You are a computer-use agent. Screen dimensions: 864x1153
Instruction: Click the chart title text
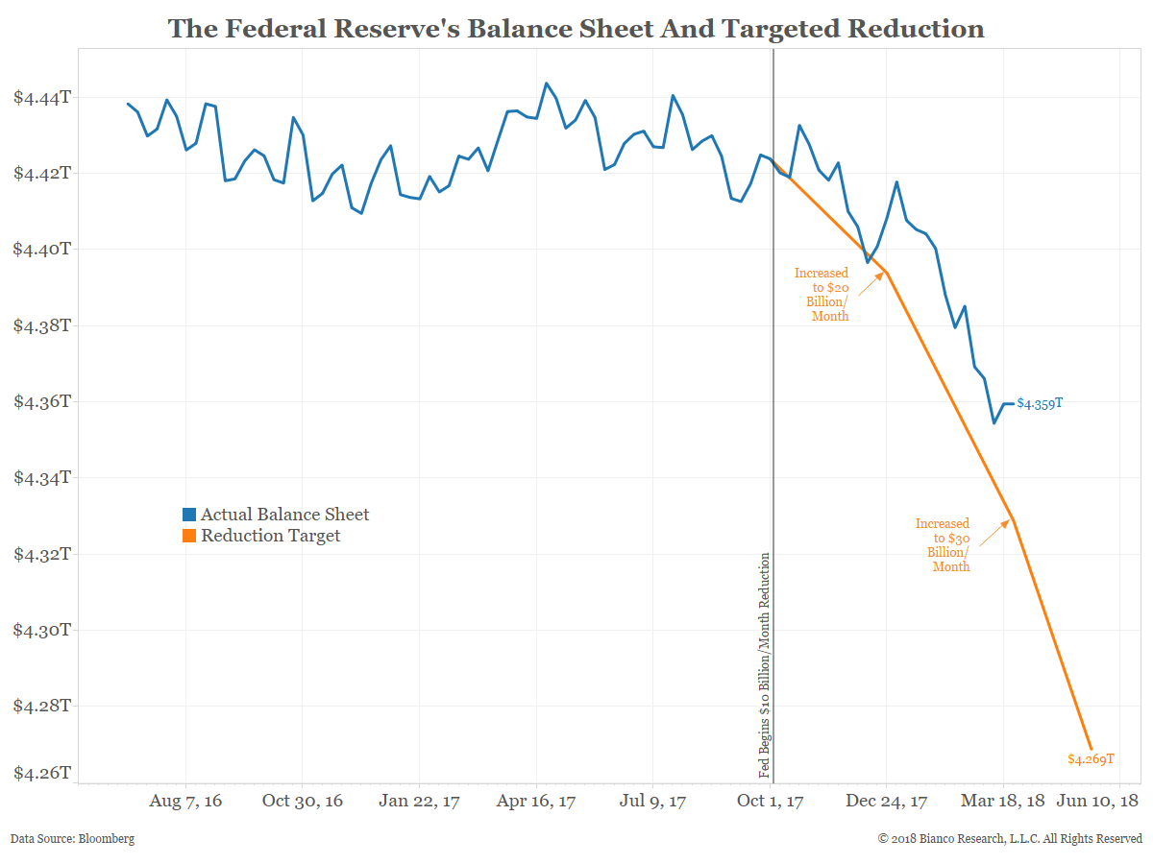[576, 29]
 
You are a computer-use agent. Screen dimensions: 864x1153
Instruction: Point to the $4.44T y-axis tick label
[41, 98]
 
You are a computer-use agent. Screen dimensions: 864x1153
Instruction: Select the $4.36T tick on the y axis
[41, 401]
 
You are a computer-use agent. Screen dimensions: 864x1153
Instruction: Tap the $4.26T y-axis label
[41, 773]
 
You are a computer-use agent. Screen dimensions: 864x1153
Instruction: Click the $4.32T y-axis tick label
[41, 554]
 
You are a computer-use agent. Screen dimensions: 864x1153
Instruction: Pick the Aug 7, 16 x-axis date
[186, 801]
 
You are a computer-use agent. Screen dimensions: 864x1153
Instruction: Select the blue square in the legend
[189, 516]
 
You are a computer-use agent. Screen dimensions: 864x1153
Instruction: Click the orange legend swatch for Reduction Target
[189, 536]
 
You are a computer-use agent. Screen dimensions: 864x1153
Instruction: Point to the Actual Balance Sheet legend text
[284, 515]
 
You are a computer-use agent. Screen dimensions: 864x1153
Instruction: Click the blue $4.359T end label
[1040, 404]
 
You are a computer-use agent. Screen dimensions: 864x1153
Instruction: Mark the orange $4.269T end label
[1091, 759]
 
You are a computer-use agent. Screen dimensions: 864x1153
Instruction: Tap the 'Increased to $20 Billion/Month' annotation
[822, 295]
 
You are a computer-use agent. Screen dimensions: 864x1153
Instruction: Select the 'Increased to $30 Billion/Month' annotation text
[944, 545]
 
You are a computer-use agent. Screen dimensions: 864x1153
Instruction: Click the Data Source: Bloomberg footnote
[73, 839]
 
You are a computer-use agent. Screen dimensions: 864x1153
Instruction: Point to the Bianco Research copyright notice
[1010, 839]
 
